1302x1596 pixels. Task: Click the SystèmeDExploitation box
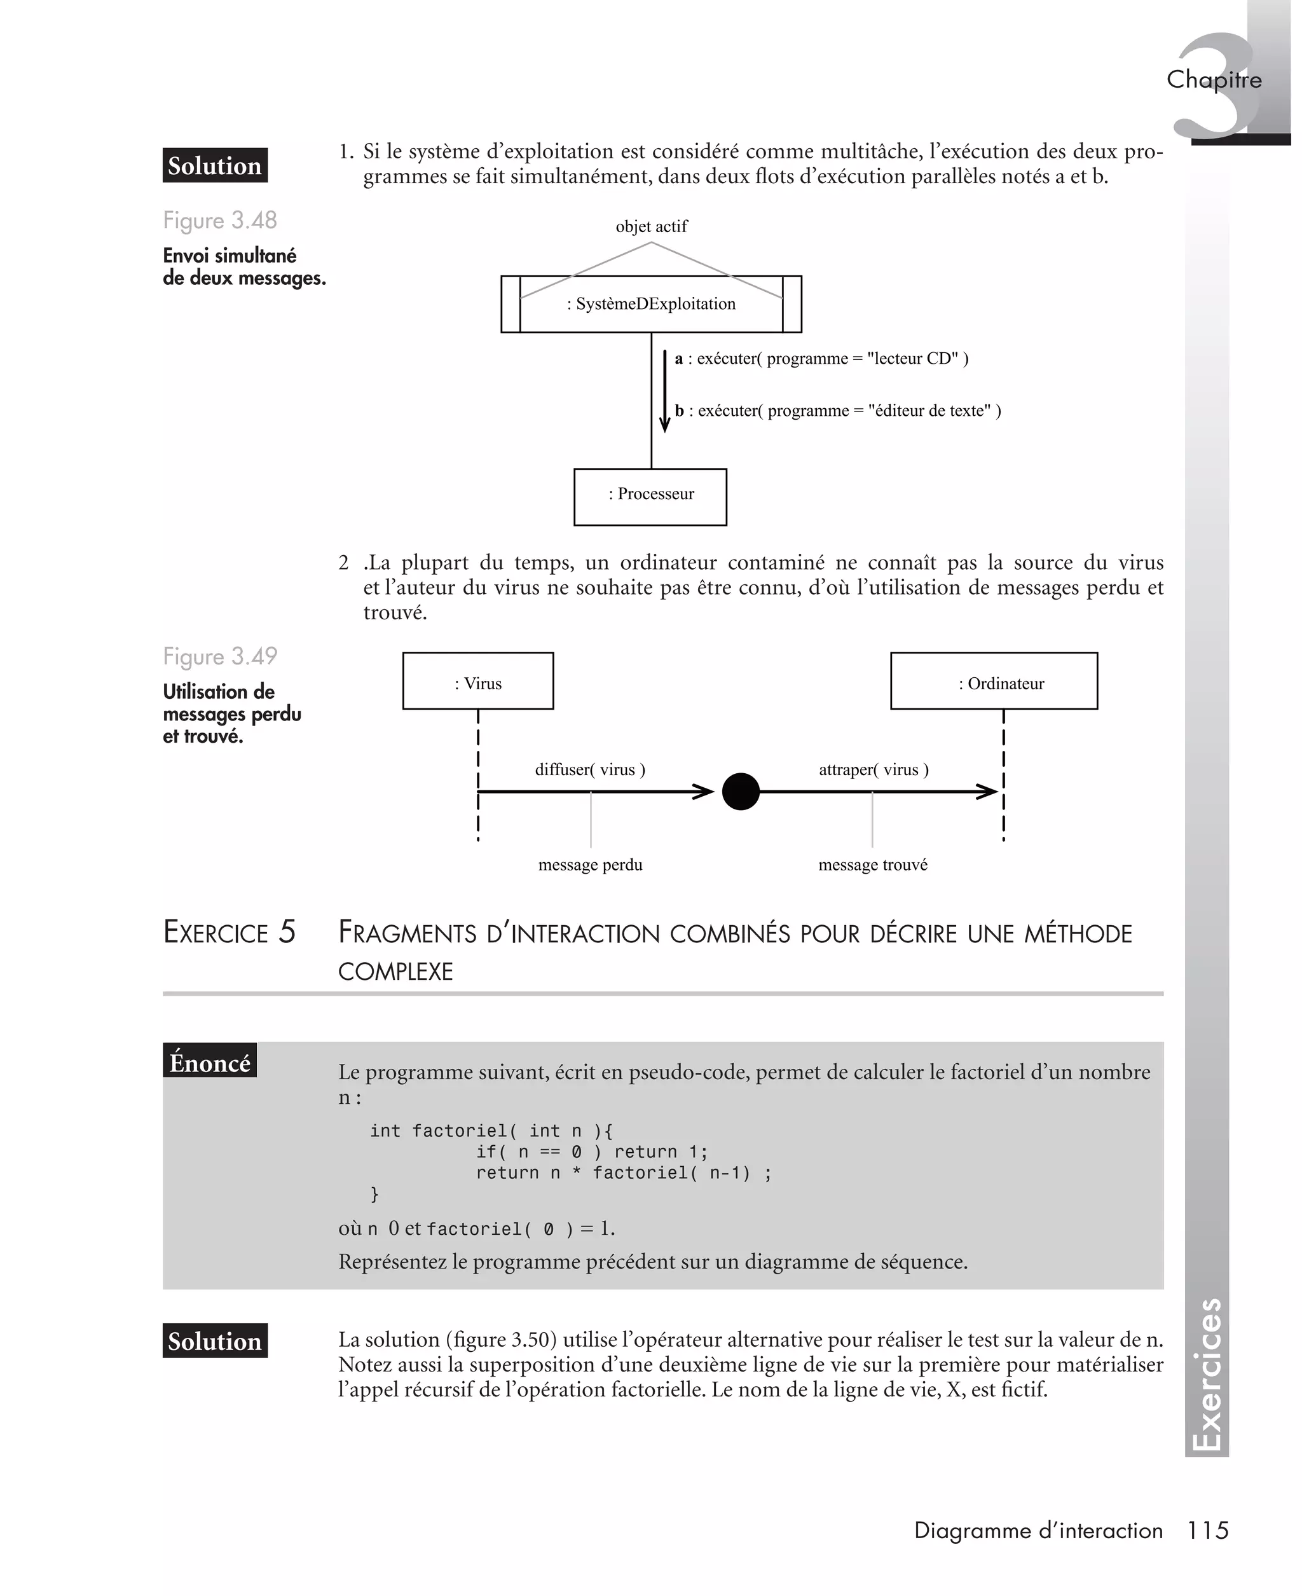coord(651,305)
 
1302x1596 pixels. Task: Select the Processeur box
coord(650,497)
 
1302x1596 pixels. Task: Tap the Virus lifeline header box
coord(477,681)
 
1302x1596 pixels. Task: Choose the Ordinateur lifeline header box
coord(994,681)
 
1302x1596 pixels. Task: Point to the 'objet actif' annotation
coord(651,226)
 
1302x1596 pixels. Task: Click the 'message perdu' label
coord(590,865)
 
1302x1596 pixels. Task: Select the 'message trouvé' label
coord(872,865)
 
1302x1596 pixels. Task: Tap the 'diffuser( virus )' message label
coord(589,769)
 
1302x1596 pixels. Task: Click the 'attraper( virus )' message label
coord(873,769)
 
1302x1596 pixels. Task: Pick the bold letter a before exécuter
coord(679,359)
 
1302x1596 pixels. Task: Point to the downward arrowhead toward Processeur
coord(664,425)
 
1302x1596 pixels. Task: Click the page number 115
coord(1207,1530)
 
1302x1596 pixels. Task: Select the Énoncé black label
coord(210,1062)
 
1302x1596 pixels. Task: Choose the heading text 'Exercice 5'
coord(230,932)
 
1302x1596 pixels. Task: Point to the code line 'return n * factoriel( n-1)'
coord(622,1173)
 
